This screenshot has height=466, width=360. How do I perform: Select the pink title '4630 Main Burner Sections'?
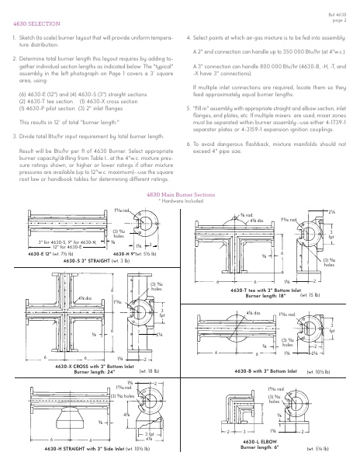[179, 193]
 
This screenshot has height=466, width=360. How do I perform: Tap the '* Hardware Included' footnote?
[179, 200]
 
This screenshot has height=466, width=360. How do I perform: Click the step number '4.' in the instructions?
[189, 37]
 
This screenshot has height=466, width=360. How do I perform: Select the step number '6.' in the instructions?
[189, 144]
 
